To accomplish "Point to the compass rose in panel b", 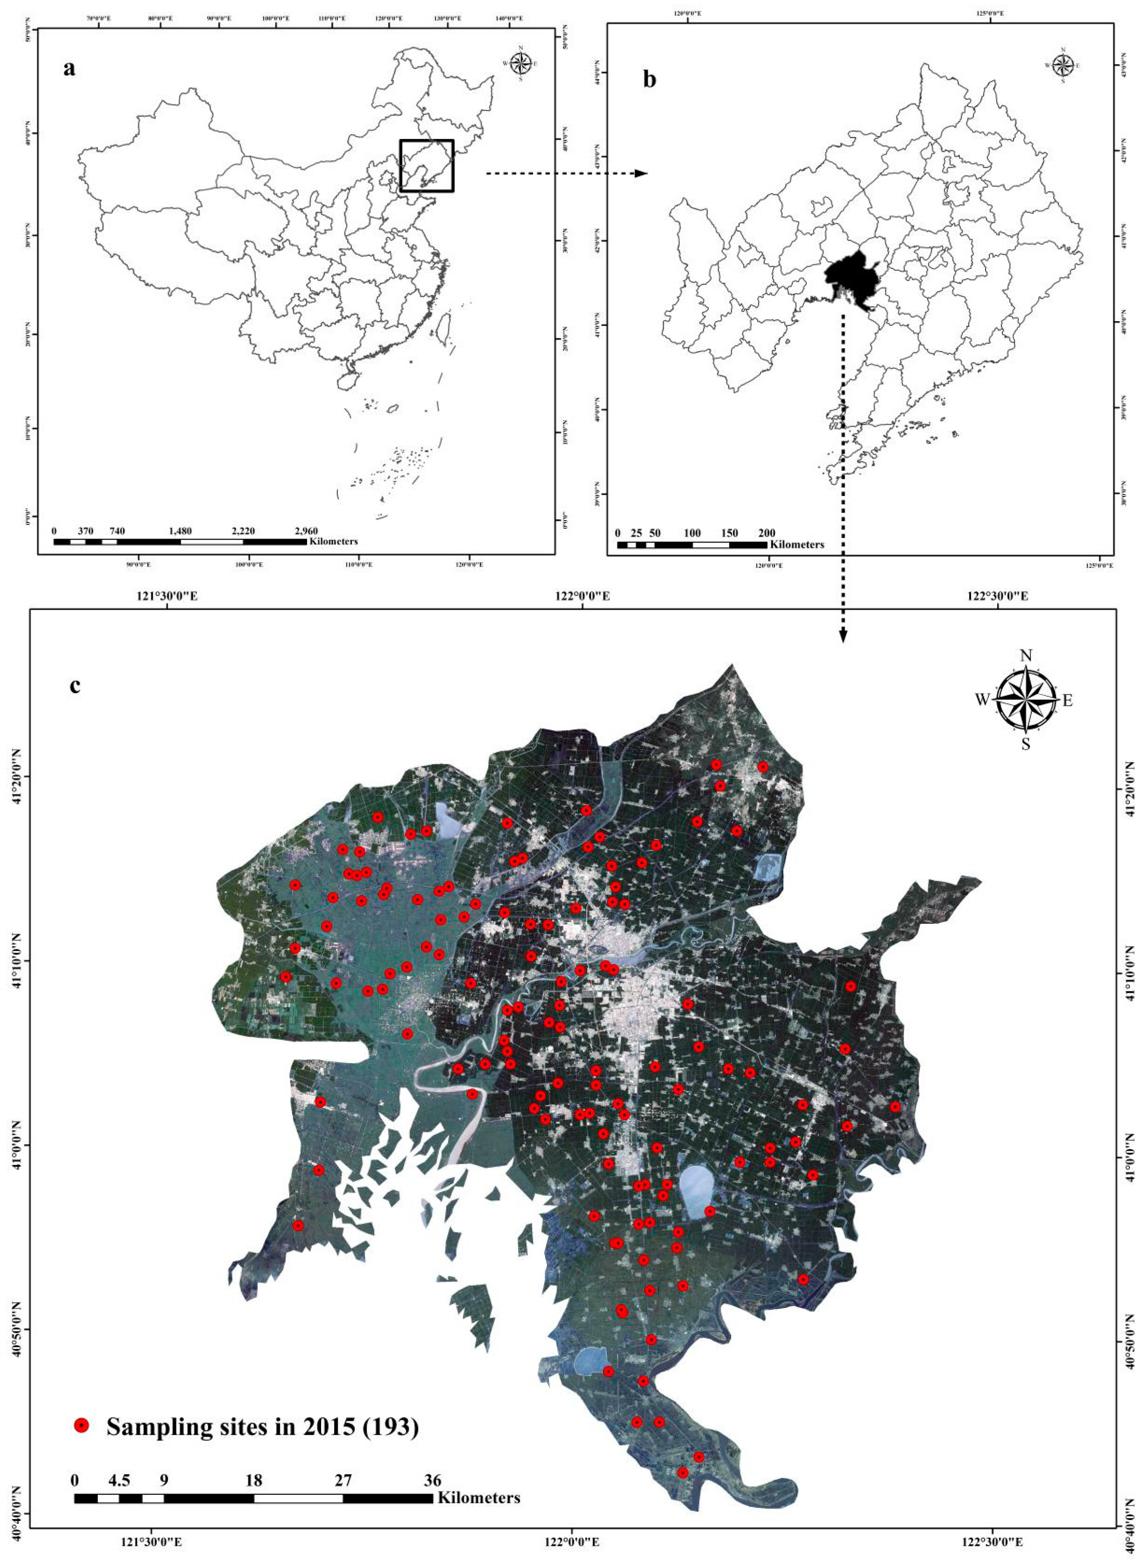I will tap(1063, 66).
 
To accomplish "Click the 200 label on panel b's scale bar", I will tap(767, 533).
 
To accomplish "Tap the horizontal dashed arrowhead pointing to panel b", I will tap(641, 174).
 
